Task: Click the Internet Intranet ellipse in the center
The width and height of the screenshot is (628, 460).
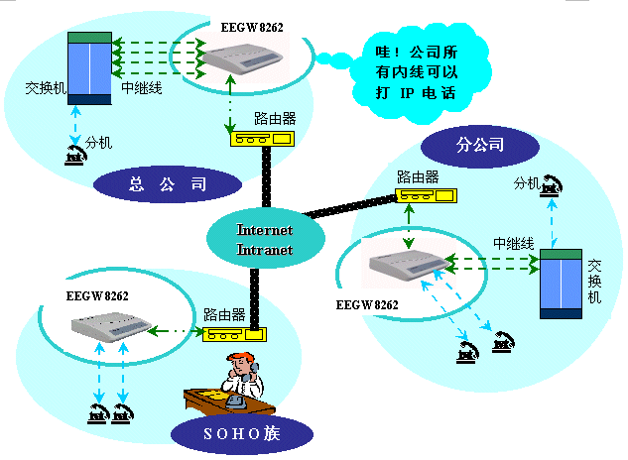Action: (x=265, y=239)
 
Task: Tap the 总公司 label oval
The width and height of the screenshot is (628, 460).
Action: (x=168, y=183)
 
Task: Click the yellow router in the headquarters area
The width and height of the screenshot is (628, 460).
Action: (x=261, y=139)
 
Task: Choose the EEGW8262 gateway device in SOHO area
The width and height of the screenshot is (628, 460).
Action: (x=108, y=328)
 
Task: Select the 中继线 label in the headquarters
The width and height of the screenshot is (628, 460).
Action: (x=142, y=87)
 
